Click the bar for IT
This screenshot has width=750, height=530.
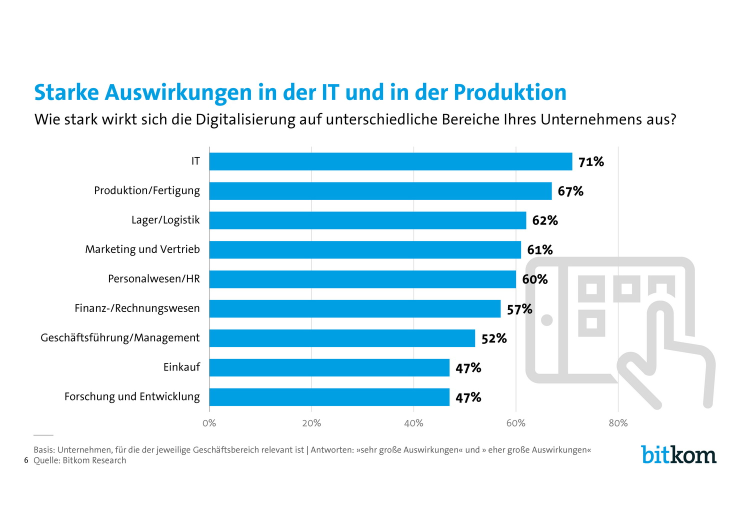390,161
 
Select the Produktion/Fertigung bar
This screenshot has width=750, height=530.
380,191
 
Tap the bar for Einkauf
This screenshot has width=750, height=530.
329,367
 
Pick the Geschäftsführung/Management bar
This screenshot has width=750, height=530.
342,338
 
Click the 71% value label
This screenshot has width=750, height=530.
591,162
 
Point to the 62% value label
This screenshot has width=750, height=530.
544,220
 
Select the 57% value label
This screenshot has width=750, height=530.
519,309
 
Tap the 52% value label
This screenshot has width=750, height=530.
494,338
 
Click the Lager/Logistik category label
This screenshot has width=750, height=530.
165,220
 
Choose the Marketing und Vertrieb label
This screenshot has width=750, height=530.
142,249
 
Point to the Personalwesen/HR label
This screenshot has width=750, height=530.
154,278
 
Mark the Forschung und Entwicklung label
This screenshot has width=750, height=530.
132,396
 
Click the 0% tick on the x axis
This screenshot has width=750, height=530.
209,423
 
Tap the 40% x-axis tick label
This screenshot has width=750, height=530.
413,423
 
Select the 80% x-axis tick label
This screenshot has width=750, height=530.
618,423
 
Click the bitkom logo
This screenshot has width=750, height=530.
678,454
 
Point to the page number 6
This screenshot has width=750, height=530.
26,460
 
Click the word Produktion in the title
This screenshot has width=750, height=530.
510,92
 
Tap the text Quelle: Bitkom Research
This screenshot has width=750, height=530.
80,460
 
